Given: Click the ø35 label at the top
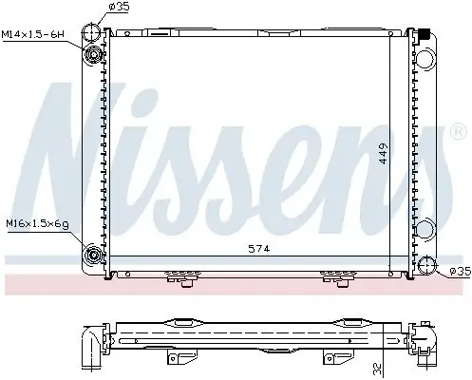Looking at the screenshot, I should [120, 8].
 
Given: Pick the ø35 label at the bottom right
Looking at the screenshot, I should [459, 273].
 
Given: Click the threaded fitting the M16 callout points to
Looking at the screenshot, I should [95, 254].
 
